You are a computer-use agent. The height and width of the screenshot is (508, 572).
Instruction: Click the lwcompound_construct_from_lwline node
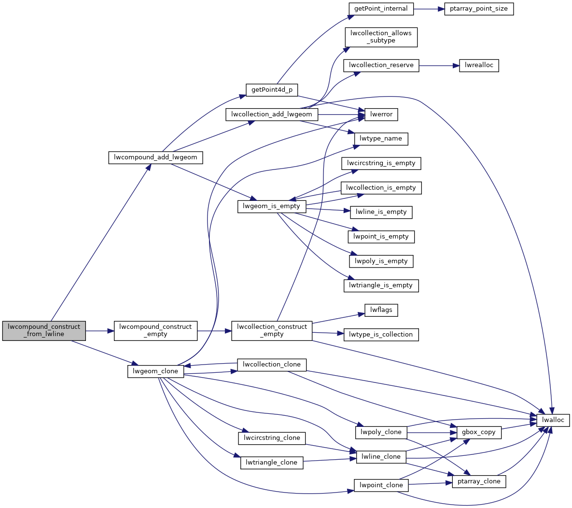click(x=44, y=330)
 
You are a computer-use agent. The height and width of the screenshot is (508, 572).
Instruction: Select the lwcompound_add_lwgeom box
click(x=155, y=157)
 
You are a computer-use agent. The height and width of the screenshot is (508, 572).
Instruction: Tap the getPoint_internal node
click(x=381, y=9)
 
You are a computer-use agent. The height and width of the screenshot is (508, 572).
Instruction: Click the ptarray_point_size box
click(x=478, y=9)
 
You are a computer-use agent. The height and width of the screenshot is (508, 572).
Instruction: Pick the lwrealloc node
click(x=479, y=65)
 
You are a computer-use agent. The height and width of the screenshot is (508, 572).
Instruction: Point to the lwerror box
click(x=381, y=114)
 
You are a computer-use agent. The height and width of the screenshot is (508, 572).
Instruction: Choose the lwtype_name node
click(x=381, y=139)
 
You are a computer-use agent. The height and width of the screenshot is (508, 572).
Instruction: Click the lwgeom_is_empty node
click(x=272, y=206)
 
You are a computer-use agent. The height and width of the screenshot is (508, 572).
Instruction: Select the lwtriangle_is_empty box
click(x=381, y=285)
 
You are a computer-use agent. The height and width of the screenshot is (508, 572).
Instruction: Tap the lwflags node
click(x=381, y=310)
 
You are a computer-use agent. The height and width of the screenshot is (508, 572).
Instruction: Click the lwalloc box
click(x=553, y=420)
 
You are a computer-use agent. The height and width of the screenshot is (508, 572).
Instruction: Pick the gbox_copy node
click(x=479, y=432)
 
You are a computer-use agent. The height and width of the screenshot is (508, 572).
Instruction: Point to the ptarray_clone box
click(x=479, y=481)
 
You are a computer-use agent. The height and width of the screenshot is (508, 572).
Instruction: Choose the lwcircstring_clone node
click(x=272, y=438)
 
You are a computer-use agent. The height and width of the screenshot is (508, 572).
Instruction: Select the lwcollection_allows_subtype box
click(x=381, y=37)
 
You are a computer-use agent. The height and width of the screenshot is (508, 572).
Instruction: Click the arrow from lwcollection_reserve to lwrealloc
click(x=436, y=65)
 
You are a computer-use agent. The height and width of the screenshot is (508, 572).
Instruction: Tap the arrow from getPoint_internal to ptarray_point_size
click(x=428, y=9)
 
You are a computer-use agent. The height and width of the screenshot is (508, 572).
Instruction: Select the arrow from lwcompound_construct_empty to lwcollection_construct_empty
click(x=214, y=331)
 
